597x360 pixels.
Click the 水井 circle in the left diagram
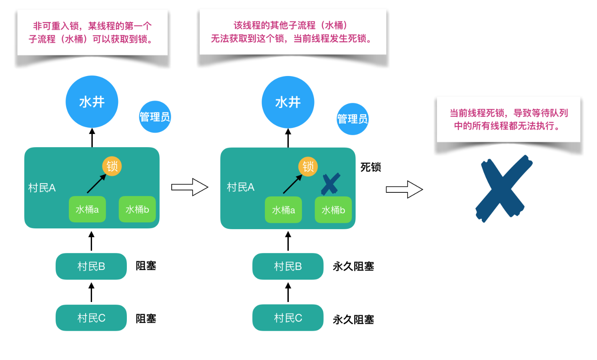tap(92, 102)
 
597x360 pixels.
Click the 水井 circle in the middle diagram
tap(288, 102)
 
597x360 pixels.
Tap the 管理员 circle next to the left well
tap(155, 117)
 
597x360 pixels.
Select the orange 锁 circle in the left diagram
tap(112, 166)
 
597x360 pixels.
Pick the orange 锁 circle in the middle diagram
tap(308, 166)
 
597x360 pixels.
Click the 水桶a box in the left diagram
tap(87, 209)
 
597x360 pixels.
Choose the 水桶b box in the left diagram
tap(137, 209)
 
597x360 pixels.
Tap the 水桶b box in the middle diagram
tap(333, 210)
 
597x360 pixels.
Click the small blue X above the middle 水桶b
tap(331, 184)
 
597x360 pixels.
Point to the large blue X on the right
tap(503, 188)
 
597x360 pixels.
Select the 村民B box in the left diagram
tap(91, 266)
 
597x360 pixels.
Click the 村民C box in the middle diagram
tap(288, 318)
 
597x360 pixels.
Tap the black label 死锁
tap(371, 167)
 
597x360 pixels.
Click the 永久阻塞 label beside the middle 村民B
tap(353, 266)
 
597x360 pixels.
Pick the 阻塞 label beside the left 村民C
tap(146, 319)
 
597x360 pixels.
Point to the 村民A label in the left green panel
tap(42, 188)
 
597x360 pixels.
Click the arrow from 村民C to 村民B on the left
tap(92, 292)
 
